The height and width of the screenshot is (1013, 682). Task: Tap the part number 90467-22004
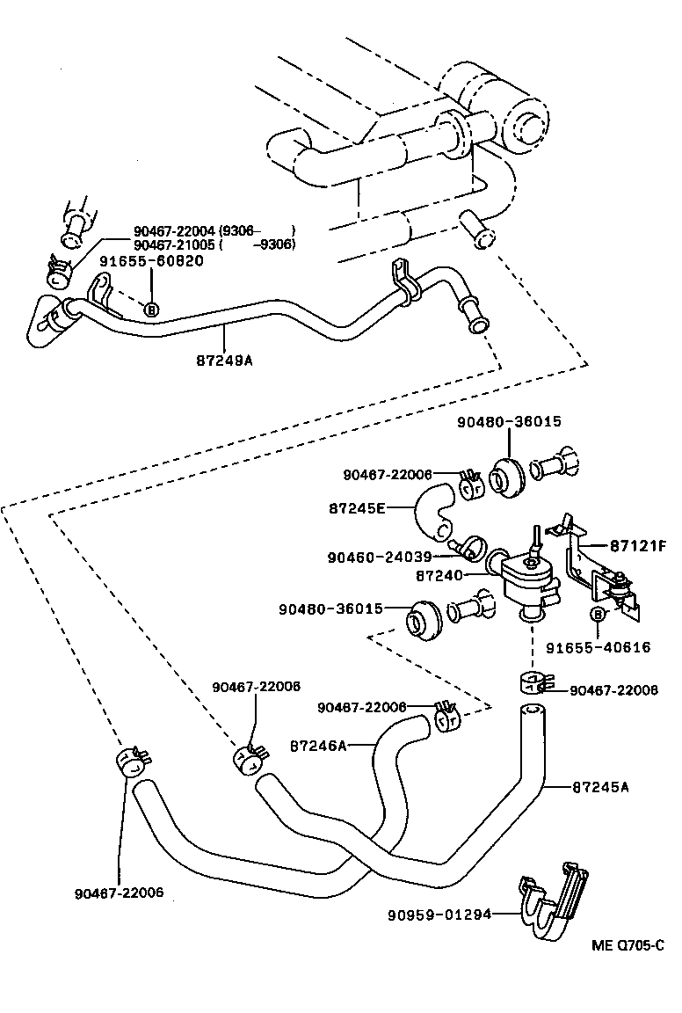175,230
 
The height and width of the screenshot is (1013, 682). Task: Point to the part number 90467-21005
175,244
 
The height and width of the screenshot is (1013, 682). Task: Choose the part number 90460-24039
379,557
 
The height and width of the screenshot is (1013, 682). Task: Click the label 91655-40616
598,647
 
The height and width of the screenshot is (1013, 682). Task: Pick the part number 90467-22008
613,690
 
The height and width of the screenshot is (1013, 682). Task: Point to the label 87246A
318,746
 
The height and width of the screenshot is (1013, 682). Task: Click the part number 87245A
600,787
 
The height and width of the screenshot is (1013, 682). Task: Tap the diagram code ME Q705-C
627,946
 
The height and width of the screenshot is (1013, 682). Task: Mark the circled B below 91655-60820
150,309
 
